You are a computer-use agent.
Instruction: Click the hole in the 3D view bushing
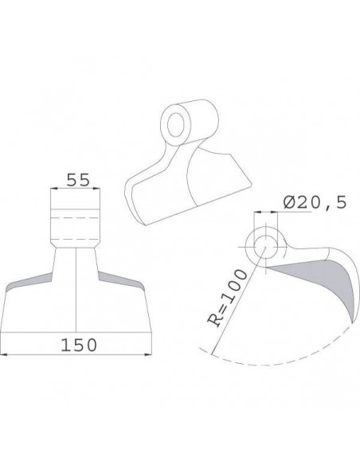click(x=172, y=124)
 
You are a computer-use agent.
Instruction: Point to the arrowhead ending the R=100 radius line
click(x=214, y=351)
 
